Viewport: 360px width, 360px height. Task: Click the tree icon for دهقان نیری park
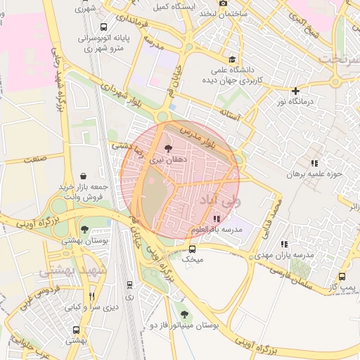pyautogui.click(x=167, y=148)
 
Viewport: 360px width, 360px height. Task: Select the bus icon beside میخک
pyautogui.click(x=193, y=248)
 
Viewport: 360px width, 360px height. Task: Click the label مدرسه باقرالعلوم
pyautogui.click(x=216, y=230)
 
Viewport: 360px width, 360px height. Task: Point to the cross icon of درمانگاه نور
pyautogui.click(x=296, y=90)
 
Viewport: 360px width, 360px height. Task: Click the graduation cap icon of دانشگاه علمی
pyautogui.click(x=233, y=58)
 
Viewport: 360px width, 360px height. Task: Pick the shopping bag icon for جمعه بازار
pyautogui.click(x=84, y=175)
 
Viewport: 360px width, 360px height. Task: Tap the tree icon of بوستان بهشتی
pyautogui.click(x=85, y=229)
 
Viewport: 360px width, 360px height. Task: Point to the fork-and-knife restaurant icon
pyautogui.click(x=91, y=297)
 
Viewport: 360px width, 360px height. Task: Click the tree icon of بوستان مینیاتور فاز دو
pyautogui.click(x=184, y=314)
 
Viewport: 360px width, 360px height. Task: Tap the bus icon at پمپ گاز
pyautogui.click(x=342, y=276)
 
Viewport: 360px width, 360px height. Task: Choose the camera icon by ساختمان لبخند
pyautogui.click(x=224, y=3)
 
